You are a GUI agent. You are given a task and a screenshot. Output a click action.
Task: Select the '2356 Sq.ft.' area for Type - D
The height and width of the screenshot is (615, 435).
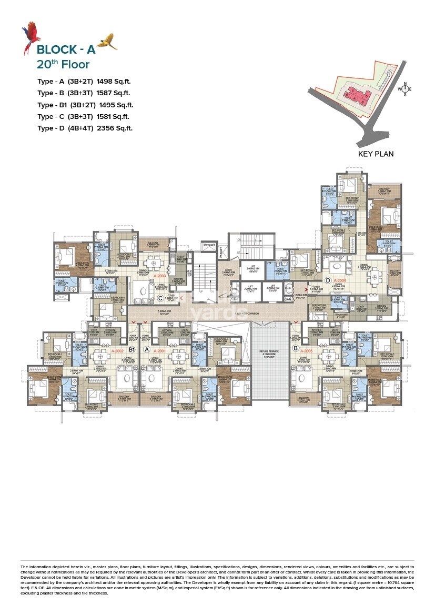(x=114, y=128)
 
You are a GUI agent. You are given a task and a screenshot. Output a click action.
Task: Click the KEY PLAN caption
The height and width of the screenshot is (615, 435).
(x=376, y=154)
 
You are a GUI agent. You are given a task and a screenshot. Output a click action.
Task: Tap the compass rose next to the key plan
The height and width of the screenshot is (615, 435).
(x=404, y=89)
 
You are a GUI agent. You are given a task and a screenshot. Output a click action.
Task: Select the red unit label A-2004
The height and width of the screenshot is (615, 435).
(x=340, y=281)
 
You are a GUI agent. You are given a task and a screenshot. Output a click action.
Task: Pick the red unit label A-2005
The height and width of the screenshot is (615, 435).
(x=307, y=349)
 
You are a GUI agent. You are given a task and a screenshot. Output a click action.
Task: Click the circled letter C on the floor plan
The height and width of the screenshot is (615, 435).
(x=160, y=298)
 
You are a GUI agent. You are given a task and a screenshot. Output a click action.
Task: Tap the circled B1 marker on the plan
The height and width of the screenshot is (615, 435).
(x=133, y=349)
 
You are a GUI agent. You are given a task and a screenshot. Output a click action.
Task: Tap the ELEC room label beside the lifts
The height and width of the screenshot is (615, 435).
(x=288, y=288)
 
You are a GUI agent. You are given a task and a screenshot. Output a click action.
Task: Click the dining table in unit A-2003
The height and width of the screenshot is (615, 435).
(x=154, y=261)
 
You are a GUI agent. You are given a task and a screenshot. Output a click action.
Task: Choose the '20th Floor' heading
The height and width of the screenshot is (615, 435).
(x=63, y=65)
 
